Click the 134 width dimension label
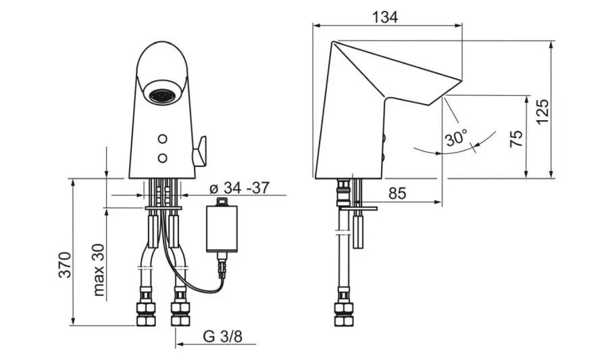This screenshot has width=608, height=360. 384,17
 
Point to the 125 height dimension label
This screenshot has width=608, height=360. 543,111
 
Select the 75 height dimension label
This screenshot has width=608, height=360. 516,138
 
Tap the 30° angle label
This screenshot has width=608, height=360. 457,138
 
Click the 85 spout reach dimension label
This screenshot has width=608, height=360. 397,193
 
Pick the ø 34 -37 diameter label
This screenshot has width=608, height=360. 239,188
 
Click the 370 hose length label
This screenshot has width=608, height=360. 66,265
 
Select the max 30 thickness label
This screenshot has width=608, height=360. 99,269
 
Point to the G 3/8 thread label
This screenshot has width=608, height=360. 222,336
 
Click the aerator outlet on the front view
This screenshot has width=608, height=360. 162,94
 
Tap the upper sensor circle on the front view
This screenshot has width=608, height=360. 163,138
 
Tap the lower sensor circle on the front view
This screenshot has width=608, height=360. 163,158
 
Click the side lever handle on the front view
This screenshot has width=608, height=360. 200,151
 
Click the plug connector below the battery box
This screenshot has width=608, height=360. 222,265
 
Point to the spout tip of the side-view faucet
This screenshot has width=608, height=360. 462,80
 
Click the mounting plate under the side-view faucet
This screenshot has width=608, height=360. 357,209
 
